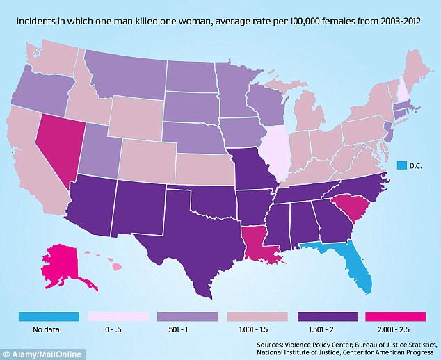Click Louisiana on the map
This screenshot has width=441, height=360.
coord(262,243)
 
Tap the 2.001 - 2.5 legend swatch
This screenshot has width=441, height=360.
coord(396,317)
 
